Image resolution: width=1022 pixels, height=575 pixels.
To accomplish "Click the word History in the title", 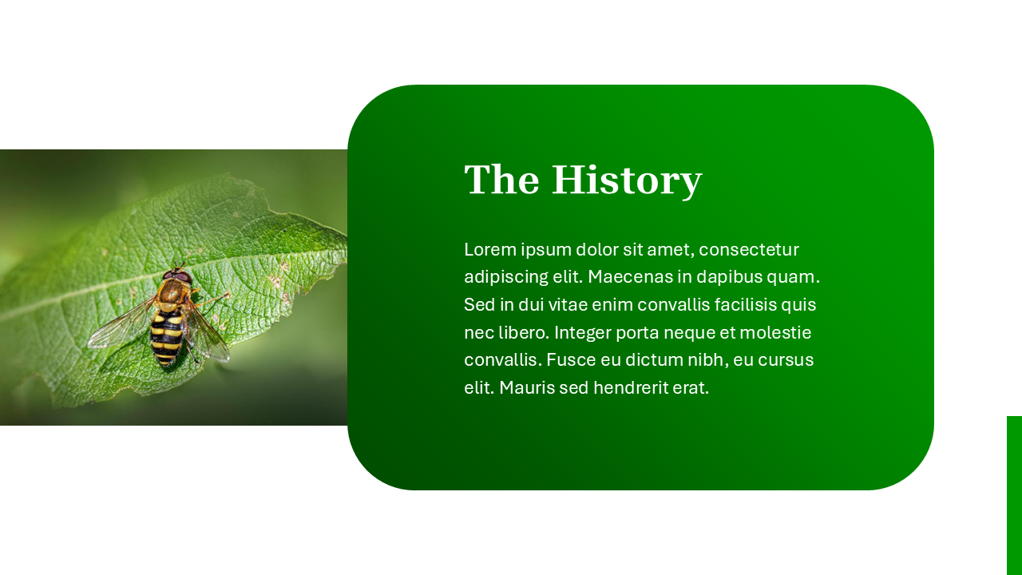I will coord(627,180).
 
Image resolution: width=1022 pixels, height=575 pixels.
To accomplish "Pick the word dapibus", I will coord(735,278).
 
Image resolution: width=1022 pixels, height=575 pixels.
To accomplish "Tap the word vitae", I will coord(569,305).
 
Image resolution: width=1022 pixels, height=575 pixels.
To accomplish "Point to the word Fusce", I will coord(571,359).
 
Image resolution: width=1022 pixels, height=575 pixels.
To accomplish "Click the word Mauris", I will coord(527,388).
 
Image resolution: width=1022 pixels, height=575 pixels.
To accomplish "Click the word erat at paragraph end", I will coord(691,388).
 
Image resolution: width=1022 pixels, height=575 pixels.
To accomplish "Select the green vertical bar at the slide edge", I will coord(1014,495).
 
